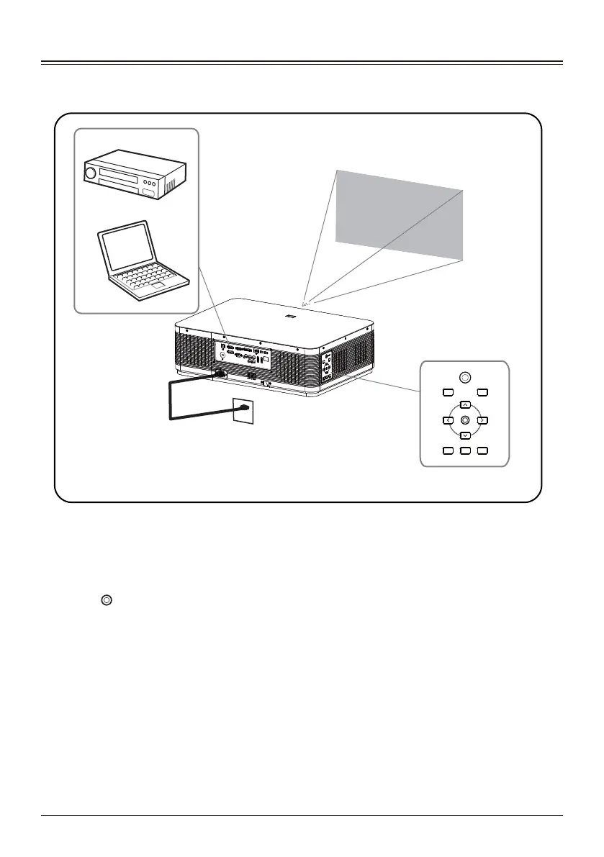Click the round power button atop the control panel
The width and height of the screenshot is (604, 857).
465,376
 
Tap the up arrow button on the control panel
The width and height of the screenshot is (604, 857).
465,404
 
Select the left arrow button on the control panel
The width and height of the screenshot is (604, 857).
447,420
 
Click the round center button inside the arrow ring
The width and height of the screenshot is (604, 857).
465,420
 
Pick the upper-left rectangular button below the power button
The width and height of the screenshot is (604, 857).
447,392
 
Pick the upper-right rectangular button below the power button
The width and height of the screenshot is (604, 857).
482,392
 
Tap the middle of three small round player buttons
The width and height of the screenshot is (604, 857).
147,183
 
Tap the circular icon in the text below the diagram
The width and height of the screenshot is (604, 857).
105,599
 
